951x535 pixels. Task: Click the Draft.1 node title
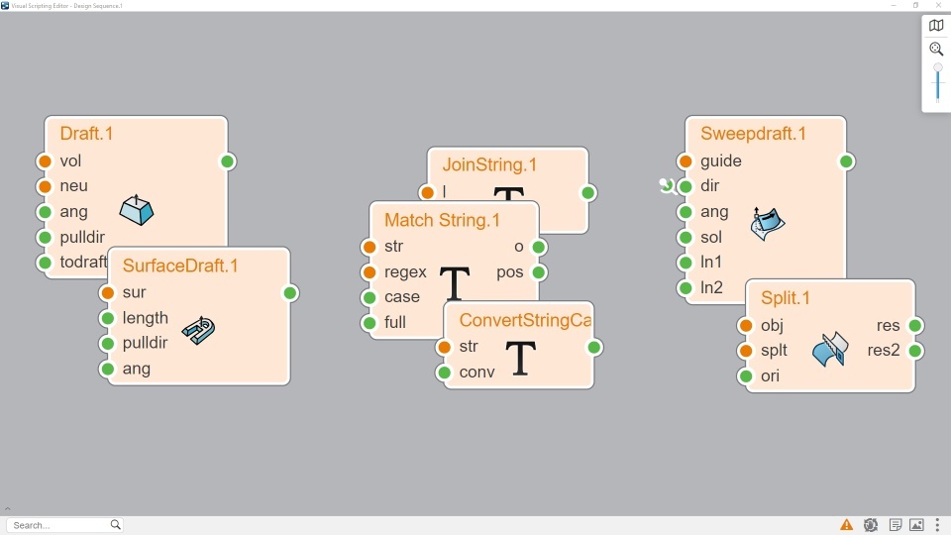tap(87, 134)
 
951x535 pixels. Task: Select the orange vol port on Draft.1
tap(45, 161)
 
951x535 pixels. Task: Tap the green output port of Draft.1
tap(227, 161)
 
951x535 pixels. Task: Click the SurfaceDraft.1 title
tap(180, 266)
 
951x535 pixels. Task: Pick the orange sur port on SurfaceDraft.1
tap(108, 293)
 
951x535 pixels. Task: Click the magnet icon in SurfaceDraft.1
tap(199, 330)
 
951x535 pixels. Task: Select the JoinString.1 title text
tap(489, 164)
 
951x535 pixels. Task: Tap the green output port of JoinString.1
tap(588, 193)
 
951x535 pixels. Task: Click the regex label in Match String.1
tap(405, 271)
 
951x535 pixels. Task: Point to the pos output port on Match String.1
tap(539, 272)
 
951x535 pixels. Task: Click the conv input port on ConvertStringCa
tap(445, 373)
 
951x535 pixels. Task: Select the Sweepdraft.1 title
tap(753, 134)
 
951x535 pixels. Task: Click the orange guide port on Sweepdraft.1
tap(686, 161)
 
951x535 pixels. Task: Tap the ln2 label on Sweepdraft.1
tap(711, 288)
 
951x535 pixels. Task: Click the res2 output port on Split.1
tap(915, 351)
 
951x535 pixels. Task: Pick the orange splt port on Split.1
tap(746, 351)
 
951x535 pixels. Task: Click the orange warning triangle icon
tap(847, 525)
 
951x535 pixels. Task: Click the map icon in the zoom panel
tap(936, 26)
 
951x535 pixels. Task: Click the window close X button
tap(938, 6)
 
